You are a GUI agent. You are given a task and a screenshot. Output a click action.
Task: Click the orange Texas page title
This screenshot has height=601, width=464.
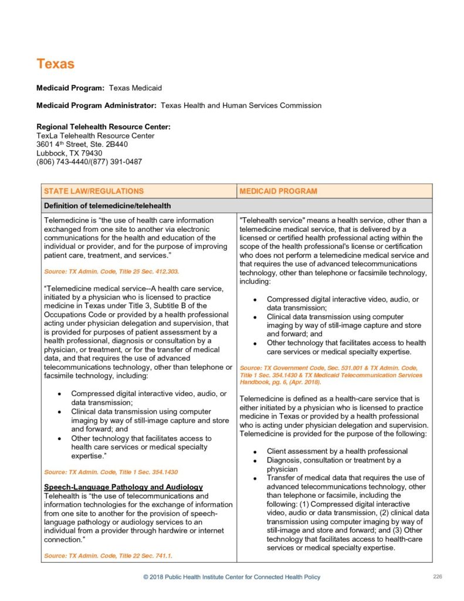point(55,63)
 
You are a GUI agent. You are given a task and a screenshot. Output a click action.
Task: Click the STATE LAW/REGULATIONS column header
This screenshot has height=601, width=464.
point(93,191)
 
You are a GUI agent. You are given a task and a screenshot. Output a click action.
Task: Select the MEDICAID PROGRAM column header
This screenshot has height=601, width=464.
point(278,191)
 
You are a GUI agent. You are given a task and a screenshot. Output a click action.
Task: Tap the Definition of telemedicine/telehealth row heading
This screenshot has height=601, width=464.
point(106,205)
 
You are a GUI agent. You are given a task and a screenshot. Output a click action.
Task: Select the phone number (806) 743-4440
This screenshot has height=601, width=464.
point(62,161)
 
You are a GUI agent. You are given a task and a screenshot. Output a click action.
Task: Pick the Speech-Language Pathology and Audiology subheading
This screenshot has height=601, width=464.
point(123,487)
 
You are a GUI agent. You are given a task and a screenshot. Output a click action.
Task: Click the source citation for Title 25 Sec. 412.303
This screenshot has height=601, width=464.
point(111,272)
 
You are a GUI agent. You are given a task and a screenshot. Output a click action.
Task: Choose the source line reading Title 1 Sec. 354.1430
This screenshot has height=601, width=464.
point(110,472)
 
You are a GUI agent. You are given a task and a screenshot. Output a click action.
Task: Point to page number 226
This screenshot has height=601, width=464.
point(437,576)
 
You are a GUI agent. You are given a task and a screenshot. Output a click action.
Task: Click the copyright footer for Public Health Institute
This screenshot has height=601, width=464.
point(232,577)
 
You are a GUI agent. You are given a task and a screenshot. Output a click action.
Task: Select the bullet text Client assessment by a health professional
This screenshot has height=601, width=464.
point(337,451)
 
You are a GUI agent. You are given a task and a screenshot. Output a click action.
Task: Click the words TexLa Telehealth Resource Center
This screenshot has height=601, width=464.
point(96,136)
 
